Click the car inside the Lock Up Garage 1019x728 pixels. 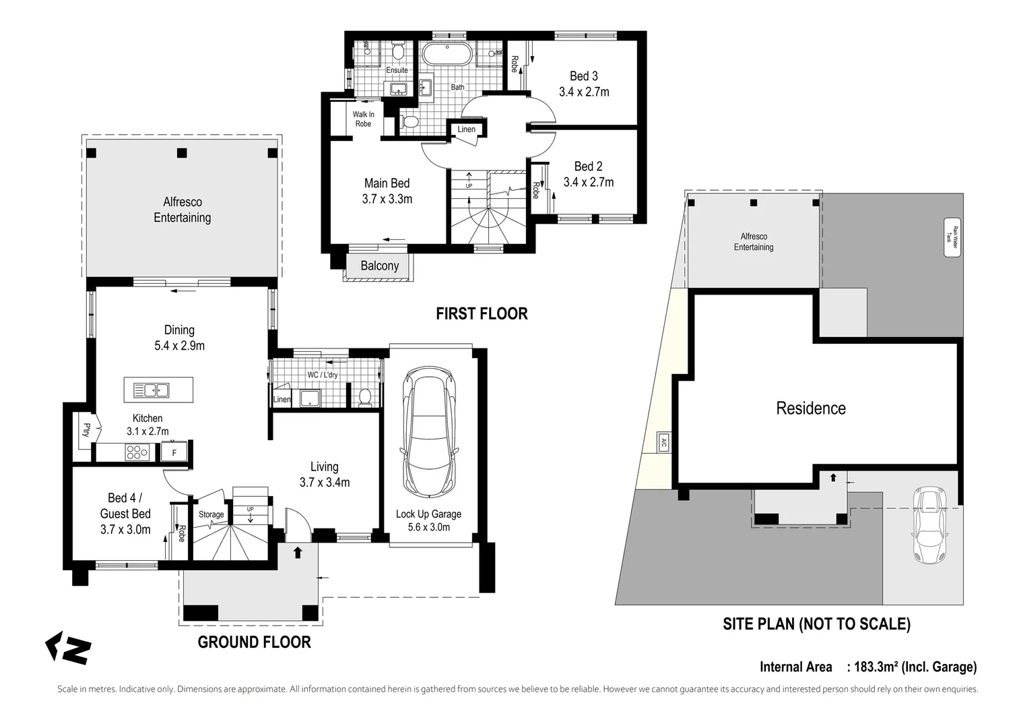(428, 434)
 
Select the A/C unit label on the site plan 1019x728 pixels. (663, 444)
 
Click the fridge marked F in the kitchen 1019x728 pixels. (174, 453)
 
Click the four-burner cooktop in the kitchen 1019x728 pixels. (137, 452)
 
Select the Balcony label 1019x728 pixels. (379, 266)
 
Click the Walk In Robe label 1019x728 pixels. (363, 119)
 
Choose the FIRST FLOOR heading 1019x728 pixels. (482, 313)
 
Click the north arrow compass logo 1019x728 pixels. (67, 648)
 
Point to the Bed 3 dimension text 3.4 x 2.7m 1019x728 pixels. (584, 92)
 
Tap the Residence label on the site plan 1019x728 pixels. (811, 408)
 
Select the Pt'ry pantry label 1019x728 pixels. (86, 429)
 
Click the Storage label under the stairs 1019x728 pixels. (211, 514)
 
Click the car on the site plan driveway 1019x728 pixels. (928, 525)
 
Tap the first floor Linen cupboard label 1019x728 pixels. (466, 129)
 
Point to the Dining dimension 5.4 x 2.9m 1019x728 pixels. (179, 346)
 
